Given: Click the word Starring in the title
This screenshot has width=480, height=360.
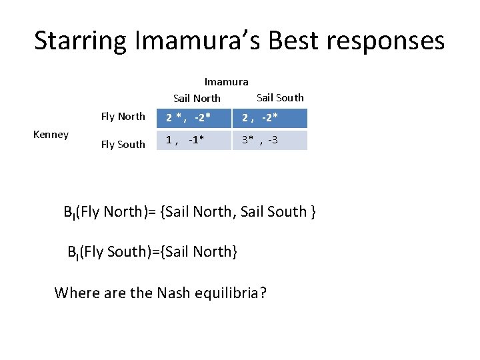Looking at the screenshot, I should click(81, 41).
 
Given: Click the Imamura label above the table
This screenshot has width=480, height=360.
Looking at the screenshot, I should click(226, 82).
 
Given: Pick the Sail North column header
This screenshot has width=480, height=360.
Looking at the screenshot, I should click(197, 98).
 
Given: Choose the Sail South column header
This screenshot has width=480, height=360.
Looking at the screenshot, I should click(280, 97).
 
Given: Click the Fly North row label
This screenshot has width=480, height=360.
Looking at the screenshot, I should click(123, 117).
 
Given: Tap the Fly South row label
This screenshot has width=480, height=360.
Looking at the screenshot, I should click(123, 144).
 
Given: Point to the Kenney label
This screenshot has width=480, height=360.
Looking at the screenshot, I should click(51, 135).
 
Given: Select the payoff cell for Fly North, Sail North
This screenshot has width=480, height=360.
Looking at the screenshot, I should click(194, 118).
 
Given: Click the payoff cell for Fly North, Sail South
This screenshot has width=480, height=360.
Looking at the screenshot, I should click(269, 118).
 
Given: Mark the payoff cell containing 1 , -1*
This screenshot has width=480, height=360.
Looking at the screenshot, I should click(194, 140).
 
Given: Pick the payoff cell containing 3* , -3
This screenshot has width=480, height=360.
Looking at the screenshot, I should click(269, 140).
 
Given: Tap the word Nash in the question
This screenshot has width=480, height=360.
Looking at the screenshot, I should click(176, 293).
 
